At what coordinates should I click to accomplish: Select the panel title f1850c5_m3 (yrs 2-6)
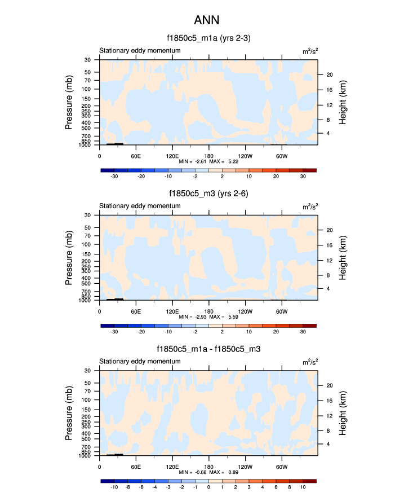(208, 194)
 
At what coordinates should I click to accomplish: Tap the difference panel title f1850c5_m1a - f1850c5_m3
(208, 349)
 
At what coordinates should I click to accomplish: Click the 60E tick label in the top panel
(136, 156)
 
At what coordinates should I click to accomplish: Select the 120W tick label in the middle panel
(245, 311)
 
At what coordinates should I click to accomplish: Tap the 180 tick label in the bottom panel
(209, 467)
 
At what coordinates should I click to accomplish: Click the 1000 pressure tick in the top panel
(85, 145)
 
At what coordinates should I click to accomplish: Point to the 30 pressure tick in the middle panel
(88, 215)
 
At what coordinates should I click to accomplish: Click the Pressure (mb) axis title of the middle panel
(69, 257)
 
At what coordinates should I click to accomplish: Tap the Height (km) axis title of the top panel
(342, 102)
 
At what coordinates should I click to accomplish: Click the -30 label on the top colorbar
(114, 176)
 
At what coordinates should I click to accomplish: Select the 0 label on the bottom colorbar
(208, 487)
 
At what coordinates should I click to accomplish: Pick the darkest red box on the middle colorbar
(309, 326)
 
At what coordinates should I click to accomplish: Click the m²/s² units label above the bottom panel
(310, 362)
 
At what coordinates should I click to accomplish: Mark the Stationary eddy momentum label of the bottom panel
(140, 362)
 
